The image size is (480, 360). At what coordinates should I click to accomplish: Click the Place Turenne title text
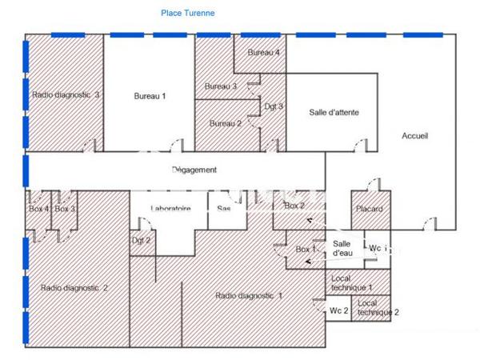tap(187, 13)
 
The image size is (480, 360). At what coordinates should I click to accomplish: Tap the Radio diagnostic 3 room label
tap(66, 94)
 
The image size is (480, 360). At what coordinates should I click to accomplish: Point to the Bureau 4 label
tap(263, 53)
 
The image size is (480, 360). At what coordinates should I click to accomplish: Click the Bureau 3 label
tap(221, 86)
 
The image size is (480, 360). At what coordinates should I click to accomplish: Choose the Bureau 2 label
tap(226, 123)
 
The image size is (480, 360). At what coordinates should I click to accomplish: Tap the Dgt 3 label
tap(274, 106)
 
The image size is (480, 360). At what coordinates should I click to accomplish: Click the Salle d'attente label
tap(334, 113)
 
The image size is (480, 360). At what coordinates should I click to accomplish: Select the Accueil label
tap(414, 136)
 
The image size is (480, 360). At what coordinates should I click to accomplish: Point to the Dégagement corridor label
tap(194, 170)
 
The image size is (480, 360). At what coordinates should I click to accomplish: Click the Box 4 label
tap(39, 209)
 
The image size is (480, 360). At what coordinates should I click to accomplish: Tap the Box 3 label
tap(66, 209)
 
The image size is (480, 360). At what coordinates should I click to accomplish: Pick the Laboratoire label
tap(170, 209)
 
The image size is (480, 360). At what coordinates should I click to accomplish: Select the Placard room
tap(368, 210)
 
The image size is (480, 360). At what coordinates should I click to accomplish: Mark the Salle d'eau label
tap(342, 248)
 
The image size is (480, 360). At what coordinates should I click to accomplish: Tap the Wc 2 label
tap(339, 310)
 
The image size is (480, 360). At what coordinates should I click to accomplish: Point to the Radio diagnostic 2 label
tap(74, 287)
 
